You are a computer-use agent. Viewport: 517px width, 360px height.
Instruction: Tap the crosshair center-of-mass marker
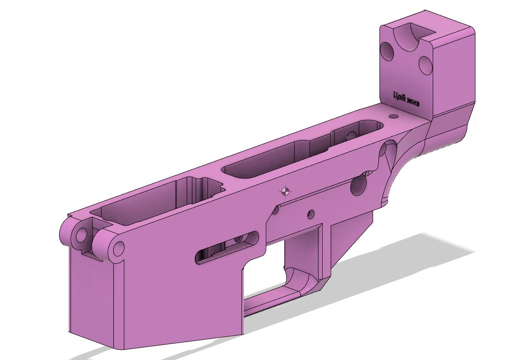pos(285,191)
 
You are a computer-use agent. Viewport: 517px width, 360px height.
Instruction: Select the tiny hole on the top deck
pos(393,116)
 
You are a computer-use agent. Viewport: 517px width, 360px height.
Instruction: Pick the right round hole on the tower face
pos(425,65)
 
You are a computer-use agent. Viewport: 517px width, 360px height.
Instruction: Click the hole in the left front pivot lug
pos(81,236)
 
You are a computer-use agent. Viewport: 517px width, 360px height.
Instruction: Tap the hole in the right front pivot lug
pos(119,248)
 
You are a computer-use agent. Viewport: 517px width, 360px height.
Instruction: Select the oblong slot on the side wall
pos(227,247)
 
